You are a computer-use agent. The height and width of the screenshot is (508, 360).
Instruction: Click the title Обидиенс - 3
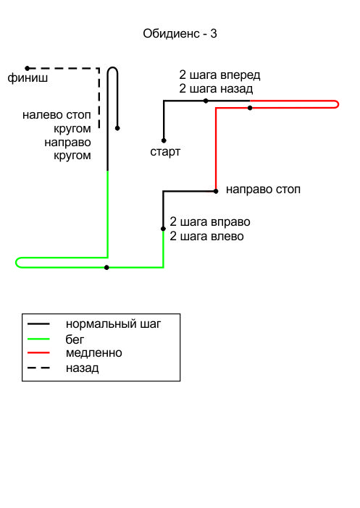click(180, 33)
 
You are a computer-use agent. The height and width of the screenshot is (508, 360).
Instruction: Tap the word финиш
click(28, 78)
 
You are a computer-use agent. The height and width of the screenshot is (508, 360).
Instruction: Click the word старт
click(165, 152)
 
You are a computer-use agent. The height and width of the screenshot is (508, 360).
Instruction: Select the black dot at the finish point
click(28, 68)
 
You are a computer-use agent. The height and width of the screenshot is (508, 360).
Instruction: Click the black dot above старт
click(164, 140)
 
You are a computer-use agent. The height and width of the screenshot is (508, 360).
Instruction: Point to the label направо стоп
click(263, 190)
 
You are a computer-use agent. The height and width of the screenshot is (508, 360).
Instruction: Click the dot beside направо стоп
click(216, 191)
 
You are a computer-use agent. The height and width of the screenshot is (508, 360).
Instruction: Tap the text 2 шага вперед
click(219, 75)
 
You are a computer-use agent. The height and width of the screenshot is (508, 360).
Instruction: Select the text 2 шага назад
click(216, 88)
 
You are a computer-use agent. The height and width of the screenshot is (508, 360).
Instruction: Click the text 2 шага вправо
click(210, 222)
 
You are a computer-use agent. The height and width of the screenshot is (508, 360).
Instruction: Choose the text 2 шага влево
click(206, 236)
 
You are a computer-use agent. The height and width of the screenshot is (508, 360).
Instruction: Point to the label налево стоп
click(56, 115)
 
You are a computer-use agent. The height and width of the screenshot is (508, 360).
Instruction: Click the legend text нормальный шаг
click(113, 324)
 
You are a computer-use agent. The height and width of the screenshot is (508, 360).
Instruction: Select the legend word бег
click(75, 339)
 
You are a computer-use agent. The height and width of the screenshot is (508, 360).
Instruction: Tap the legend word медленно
click(93, 353)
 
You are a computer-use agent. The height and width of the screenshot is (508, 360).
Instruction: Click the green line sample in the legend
click(38, 339)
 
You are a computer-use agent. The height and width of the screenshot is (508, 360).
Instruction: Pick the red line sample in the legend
click(38, 352)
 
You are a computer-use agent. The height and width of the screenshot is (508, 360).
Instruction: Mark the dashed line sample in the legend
click(38, 368)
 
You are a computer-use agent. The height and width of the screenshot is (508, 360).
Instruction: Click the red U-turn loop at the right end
click(338, 104)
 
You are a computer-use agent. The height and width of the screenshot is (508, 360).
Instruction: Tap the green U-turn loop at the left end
click(16, 263)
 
